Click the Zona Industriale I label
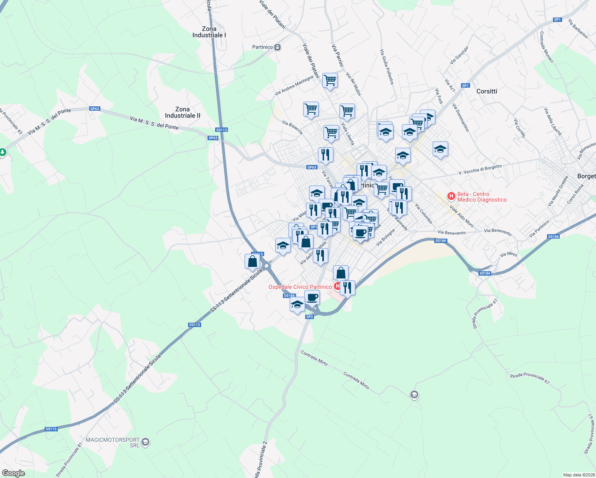209,32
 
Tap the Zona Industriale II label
182,112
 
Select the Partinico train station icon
278,47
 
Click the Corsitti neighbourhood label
487,91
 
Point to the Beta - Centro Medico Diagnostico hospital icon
451,196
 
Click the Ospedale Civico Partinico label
300,287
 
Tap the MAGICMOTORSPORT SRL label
113,442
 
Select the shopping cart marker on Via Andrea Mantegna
330,80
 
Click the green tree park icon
3,152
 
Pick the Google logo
13,473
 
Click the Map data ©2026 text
578,475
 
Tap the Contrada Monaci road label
547,47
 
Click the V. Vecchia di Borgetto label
480,170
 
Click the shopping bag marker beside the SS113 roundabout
253,261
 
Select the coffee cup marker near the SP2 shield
312,297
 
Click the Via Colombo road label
423,214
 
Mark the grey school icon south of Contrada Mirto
414,395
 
